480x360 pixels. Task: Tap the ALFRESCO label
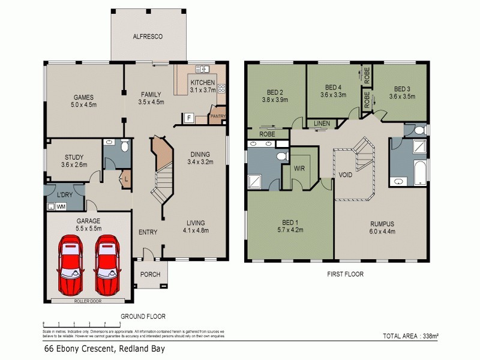148,37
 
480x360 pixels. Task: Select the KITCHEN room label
202,82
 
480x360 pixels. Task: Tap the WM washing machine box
61,206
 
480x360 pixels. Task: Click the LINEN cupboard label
322,124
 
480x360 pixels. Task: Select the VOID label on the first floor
345,175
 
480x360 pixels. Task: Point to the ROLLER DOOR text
88,302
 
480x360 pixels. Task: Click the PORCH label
150,274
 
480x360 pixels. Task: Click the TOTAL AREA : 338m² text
410,336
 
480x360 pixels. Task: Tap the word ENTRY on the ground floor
148,232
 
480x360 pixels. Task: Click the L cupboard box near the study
127,179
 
